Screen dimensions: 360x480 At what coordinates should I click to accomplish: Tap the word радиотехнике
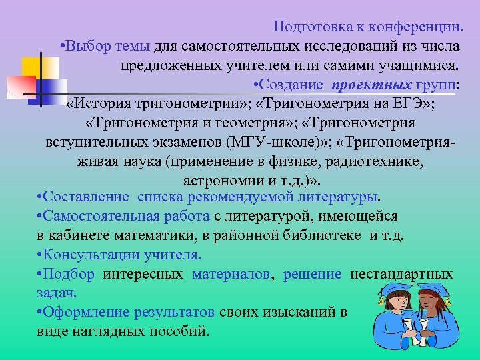tap(381, 162)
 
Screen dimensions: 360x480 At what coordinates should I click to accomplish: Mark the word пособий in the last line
tap(179, 331)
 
